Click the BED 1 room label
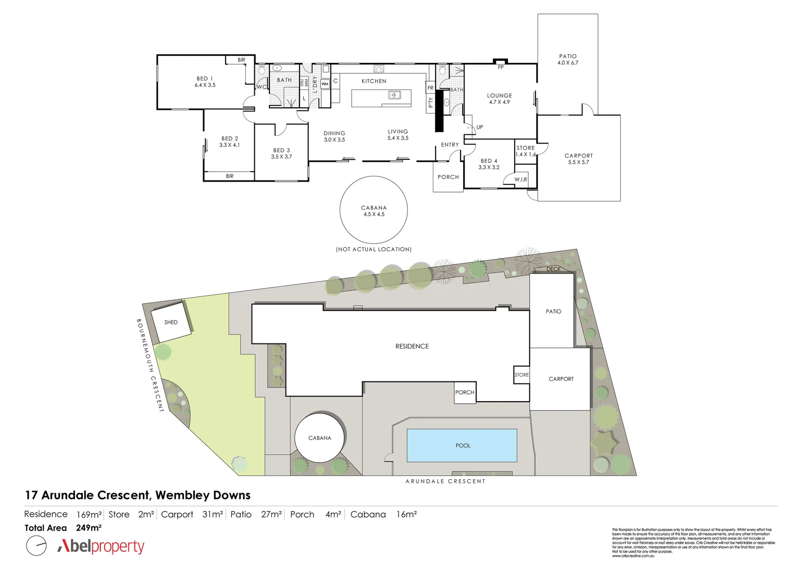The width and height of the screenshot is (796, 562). pyautogui.click(x=205, y=79)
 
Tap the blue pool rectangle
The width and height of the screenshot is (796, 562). pyautogui.click(x=462, y=445)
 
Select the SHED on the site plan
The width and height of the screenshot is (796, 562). pyautogui.click(x=170, y=323)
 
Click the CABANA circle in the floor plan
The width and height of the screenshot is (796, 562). pyautogui.click(x=374, y=210)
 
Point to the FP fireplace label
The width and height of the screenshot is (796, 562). pyautogui.click(x=501, y=67)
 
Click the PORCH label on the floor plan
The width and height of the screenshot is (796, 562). pyautogui.click(x=448, y=177)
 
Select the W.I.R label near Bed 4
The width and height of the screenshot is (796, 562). pyautogui.click(x=520, y=180)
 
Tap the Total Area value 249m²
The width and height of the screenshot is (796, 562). pyautogui.click(x=89, y=528)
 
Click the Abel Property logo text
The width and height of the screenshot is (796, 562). pyautogui.click(x=101, y=546)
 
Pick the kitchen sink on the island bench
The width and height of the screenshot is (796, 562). pyautogui.click(x=394, y=95)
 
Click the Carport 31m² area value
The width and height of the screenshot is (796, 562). pyautogui.click(x=213, y=514)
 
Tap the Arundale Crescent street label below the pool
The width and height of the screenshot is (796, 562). pyautogui.click(x=445, y=481)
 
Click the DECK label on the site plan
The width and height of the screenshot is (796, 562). pyautogui.click(x=553, y=269)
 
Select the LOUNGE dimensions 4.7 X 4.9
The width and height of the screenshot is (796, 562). pyautogui.click(x=499, y=102)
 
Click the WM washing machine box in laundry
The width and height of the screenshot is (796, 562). pyautogui.click(x=325, y=84)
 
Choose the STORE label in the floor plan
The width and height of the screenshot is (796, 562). pyautogui.click(x=526, y=148)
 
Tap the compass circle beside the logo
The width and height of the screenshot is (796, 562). pyautogui.click(x=36, y=546)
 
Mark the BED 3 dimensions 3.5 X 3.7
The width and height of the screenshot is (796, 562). pyautogui.click(x=281, y=157)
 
